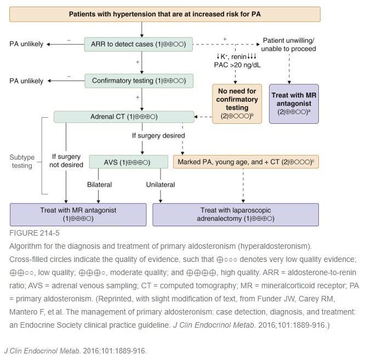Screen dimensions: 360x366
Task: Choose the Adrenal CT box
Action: click(124, 117)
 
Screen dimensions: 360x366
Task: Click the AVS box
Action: click(128, 162)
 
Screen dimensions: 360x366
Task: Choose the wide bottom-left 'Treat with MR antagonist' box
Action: click(78, 214)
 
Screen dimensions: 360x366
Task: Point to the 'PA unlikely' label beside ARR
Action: click(26, 44)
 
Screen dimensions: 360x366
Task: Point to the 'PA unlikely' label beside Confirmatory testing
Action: click(26, 81)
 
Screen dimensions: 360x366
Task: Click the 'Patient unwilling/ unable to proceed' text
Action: click(289, 44)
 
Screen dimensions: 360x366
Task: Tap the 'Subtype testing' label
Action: click(22, 162)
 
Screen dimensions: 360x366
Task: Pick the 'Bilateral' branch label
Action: click(99, 185)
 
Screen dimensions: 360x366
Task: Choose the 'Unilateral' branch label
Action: click(160, 185)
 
